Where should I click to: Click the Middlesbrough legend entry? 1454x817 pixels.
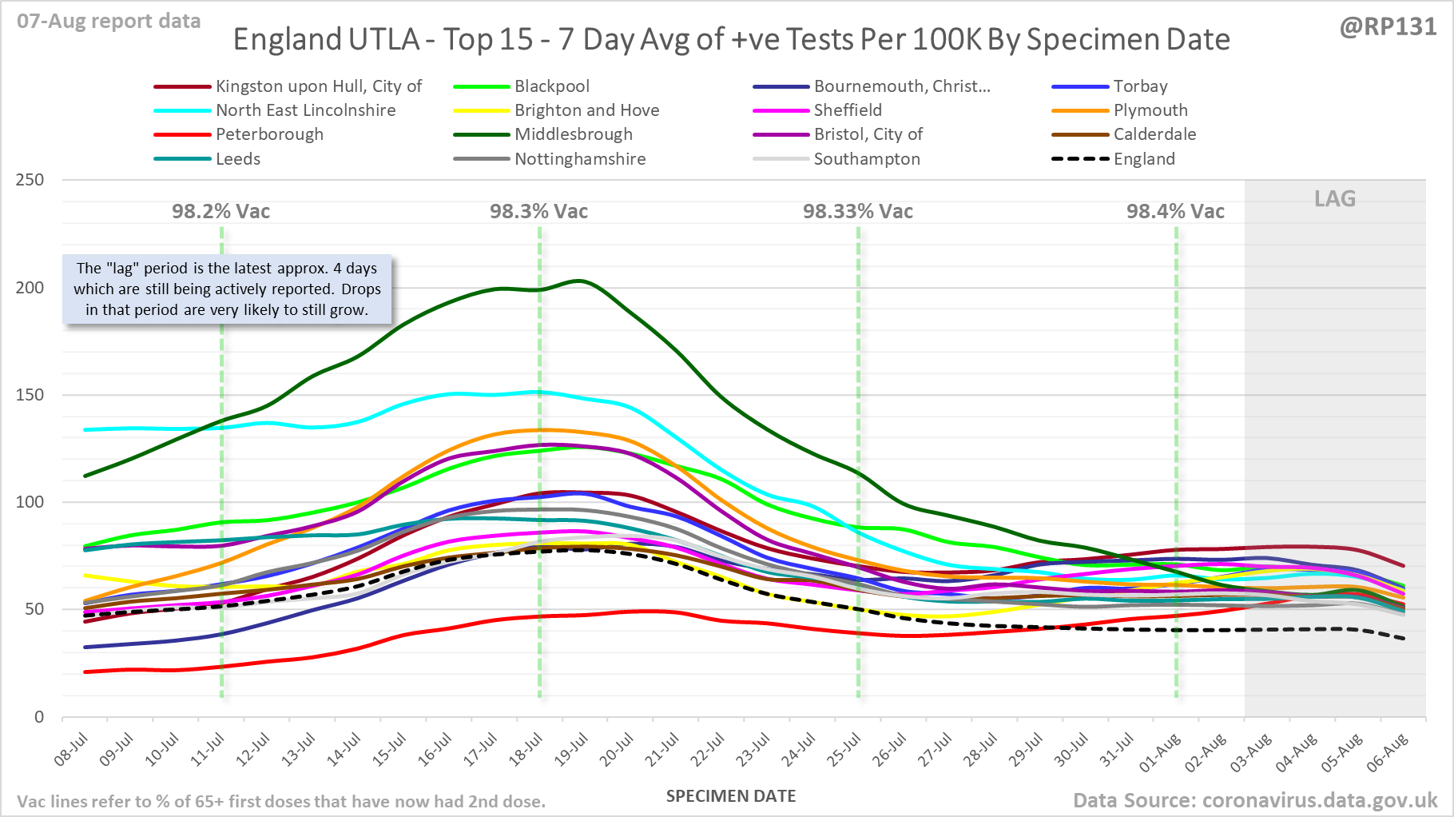(x=573, y=134)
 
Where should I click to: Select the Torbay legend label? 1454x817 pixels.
(x=1140, y=86)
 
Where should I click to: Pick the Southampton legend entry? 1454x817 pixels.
(x=867, y=159)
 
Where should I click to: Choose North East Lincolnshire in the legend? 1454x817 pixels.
(x=305, y=110)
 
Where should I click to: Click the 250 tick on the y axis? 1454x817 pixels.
(x=30, y=180)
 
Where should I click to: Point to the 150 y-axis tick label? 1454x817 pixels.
(x=30, y=395)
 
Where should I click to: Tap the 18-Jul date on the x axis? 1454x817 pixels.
(x=527, y=751)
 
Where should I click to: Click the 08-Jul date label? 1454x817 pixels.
(x=72, y=751)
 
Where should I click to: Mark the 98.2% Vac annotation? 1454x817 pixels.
(x=221, y=212)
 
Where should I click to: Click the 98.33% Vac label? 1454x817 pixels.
(x=858, y=212)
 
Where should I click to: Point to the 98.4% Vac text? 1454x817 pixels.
(x=1175, y=212)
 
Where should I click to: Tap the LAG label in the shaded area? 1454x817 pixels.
(x=1335, y=199)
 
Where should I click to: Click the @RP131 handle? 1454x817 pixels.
(x=1388, y=27)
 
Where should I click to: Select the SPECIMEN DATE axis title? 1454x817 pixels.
(x=731, y=796)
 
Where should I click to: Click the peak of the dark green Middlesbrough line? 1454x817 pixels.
(x=579, y=281)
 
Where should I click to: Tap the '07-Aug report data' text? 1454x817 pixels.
(x=109, y=22)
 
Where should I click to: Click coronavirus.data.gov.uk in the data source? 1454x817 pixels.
(x=1319, y=800)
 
